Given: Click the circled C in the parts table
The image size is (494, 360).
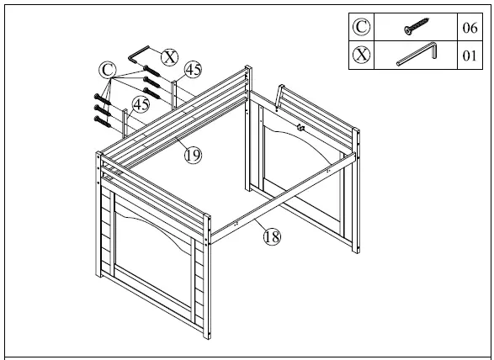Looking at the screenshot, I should point(361,27).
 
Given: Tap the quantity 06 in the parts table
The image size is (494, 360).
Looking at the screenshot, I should point(470,28).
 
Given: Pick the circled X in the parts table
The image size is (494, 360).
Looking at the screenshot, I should point(361,56).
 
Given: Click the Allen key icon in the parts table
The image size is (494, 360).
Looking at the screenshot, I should point(416,56).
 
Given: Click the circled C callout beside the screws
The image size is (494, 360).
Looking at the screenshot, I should point(107,69).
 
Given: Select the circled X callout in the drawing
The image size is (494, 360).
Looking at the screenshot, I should point(170,56).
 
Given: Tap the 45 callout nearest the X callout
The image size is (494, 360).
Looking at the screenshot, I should point(193,69).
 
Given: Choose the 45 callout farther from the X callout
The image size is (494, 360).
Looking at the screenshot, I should point(141,104).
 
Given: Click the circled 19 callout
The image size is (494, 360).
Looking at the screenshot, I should point(193,155).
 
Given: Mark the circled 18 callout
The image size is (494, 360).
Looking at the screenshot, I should point(271,236).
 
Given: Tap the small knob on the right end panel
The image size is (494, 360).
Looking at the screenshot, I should point(300,128).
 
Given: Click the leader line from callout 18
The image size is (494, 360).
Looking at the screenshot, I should point(256,226).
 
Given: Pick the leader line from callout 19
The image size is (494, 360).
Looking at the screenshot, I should point(180,145).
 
